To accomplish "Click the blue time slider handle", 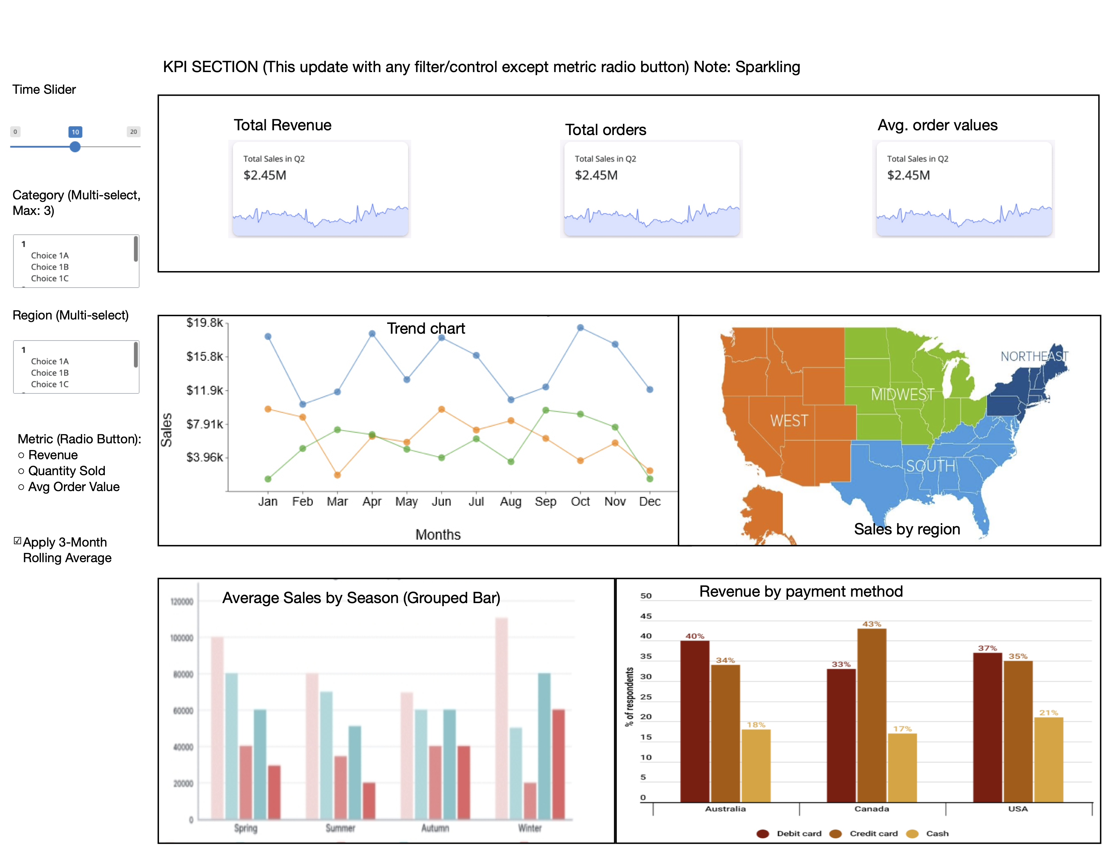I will [75, 147].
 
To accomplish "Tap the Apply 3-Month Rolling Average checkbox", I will [17, 540].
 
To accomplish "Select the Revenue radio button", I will [21, 455].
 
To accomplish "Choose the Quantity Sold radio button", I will [21, 471].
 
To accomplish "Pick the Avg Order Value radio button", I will [21, 487].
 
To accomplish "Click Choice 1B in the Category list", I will [50, 267].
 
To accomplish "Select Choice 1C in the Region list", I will [50, 384].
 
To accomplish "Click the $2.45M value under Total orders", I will [596, 175].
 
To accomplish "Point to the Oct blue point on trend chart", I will [580, 328].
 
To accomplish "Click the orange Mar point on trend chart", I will [337, 475].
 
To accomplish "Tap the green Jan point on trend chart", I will [268, 479].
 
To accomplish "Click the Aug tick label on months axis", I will [510, 502].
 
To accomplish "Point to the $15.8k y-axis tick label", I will [204, 356].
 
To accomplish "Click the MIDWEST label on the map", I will [902, 394].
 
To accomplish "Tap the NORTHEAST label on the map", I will [1034, 356].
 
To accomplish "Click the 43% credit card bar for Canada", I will [872, 716].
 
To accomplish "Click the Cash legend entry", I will [937, 833].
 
